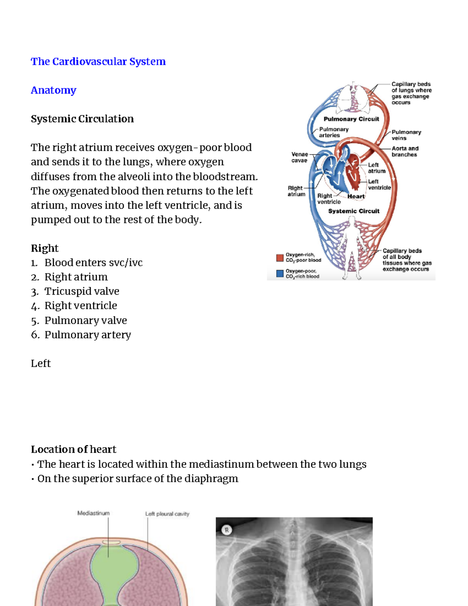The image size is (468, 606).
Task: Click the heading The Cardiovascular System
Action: click(98, 62)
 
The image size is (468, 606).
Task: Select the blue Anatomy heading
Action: click(53, 90)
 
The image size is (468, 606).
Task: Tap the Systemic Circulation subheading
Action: click(82, 119)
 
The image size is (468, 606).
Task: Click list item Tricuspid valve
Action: click(82, 291)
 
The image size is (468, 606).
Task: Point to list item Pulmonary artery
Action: click(87, 335)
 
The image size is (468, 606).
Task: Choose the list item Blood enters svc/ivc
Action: click(93, 263)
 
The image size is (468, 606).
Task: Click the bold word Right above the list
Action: click(44, 249)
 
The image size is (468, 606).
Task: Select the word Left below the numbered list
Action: click(41, 364)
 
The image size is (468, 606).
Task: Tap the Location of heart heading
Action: click(73, 450)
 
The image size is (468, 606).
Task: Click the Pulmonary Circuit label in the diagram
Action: click(351, 119)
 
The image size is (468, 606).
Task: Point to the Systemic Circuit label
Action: click(353, 211)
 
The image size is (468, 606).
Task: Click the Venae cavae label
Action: click(300, 157)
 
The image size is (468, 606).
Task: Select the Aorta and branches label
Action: click(405, 151)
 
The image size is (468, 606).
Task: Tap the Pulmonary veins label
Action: click(406, 135)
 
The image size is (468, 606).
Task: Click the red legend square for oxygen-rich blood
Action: click(280, 258)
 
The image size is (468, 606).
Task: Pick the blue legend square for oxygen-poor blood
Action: click(280, 274)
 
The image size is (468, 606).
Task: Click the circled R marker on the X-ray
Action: click(227, 530)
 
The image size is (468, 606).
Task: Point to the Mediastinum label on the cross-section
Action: click(93, 514)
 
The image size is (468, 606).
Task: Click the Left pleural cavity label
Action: click(167, 514)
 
